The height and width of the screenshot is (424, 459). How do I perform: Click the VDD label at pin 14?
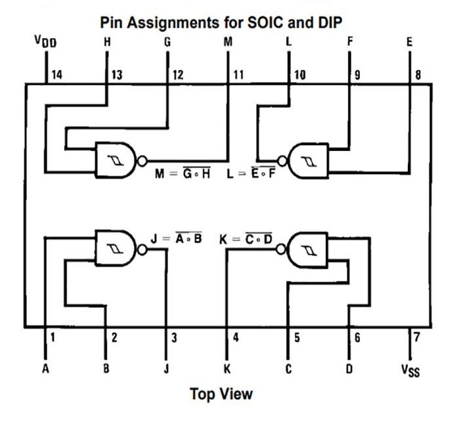pyautogui.click(x=45, y=42)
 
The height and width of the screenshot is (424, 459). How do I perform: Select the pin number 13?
pyautogui.click(x=116, y=75)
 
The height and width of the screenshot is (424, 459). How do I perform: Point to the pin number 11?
pyautogui.click(x=238, y=75)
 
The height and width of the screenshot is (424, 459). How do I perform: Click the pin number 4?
pyautogui.click(x=236, y=339)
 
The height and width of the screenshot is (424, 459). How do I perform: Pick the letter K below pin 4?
pyautogui.click(x=227, y=369)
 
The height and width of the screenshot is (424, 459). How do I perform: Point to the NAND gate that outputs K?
pyautogui.click(x=308, y=249)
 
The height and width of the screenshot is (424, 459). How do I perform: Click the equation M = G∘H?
pyautogui.click(x=182, y=175)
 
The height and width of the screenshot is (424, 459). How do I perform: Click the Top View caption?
pyautogui.click(x=221, y=394)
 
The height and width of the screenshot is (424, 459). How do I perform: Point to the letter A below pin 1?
pyautogui.click(x=45, y=369)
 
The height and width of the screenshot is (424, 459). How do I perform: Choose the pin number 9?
pyautogui.click(x=358, y=75)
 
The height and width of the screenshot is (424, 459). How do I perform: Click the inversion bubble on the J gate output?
pyautogui.click(x=142, y=249)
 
